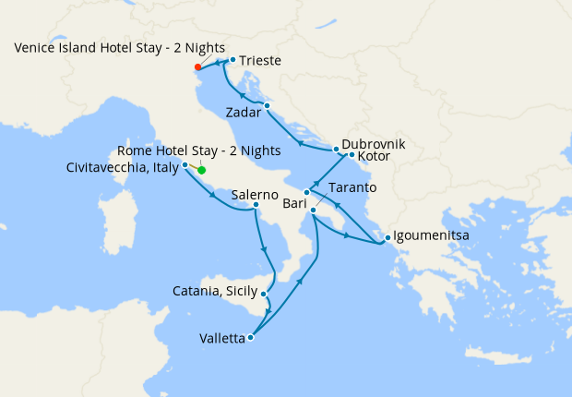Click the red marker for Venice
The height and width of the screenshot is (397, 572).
(x=198, y=67)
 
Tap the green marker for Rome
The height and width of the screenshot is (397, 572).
(x=201, y=170)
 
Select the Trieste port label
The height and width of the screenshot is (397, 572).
(x=260, y=62)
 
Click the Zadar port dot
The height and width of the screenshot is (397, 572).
(x=267, y=106)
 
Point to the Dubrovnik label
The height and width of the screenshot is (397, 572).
(x=373, y=145)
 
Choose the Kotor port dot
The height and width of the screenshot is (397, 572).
(x=352, y=155)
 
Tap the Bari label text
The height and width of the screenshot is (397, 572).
(x=295, y=201)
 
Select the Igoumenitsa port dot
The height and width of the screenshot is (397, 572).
(x=387, y=235)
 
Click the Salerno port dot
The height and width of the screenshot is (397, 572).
(x=256, y=205)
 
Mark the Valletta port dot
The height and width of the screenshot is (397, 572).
(x=250, y=338)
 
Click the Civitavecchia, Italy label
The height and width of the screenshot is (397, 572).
(x=123, y=167)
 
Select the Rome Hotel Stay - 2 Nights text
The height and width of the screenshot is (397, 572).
(x=200, y=151)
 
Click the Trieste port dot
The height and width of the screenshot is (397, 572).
(x=232, y=61)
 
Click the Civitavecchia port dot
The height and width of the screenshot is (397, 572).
(x=185, y=165)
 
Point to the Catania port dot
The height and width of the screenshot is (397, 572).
(x=265, y=295)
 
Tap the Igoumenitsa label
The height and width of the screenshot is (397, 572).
(x=431, y=236)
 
